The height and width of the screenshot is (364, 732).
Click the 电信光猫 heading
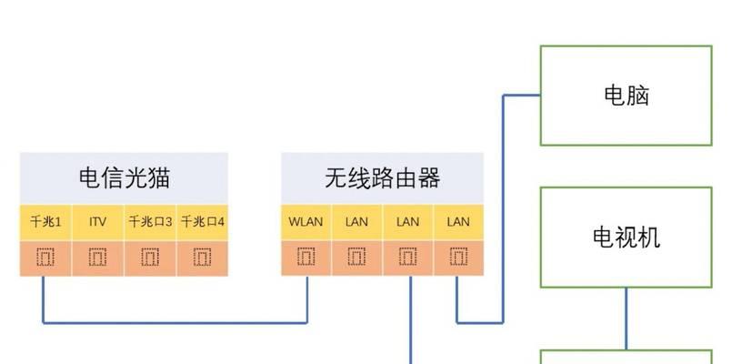(x=125, y=178)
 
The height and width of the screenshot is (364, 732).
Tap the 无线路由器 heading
(x=382, y=178)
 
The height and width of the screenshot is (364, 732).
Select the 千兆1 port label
(x=45, y=221)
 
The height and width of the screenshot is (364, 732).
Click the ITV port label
(x=97, y=221)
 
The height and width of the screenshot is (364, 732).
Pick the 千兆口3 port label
(x=150, y=221)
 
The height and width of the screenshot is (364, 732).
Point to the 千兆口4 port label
(x=202, y=221)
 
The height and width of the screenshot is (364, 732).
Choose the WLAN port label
(x=306, y=221)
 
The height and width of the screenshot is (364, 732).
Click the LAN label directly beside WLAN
(x=356, y=221)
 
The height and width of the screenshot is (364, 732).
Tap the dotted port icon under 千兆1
(x=45, y=257)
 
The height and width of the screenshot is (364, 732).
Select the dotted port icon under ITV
(x=97, y=257)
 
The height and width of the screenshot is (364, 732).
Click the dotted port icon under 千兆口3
(x=150, y=257)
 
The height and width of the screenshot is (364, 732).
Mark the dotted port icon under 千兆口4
(x=202, y=257)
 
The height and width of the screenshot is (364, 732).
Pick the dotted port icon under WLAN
(x=306, y=257)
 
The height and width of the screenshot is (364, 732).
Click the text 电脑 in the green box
(x=627, y=96)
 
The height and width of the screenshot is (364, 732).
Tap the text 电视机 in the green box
(x=627, y=238)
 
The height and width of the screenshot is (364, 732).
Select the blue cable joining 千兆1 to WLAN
(x=175, y=322)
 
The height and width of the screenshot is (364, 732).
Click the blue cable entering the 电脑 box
(x=503, y=209)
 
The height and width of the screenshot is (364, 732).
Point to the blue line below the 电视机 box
(x=626, y=318)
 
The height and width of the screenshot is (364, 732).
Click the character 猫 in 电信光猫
(x=159, y=178)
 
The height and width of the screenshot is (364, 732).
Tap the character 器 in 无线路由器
(x=429, y=178)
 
